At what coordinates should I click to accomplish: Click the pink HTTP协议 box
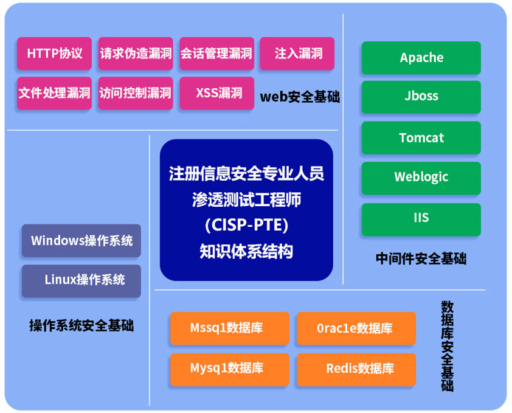[54, 54]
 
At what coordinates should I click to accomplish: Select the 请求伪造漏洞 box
[136, 54]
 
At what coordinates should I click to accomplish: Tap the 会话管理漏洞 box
[217, 54]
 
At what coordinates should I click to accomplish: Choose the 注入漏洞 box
[297, 54]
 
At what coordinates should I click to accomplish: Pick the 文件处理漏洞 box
[54, 93]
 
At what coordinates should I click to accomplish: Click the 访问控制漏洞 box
[136, 93]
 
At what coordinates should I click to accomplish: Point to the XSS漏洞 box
[217, 93]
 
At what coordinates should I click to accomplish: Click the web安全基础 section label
[300, 97]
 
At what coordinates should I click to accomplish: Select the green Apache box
[421, 58]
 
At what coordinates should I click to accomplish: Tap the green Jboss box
[421, 97]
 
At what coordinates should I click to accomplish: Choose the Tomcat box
[421, 137]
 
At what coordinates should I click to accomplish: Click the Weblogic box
[421, 178]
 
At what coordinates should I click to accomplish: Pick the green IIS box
[421, 219]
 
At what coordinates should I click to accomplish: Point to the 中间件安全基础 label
[421, 259]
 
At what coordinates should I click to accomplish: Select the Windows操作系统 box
[81, 240]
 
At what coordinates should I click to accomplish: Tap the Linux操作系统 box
[81, 281]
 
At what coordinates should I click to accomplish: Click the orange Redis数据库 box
[356, 370]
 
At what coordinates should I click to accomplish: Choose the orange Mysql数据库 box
[230, 370]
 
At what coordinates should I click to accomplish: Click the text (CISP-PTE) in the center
[246, 225]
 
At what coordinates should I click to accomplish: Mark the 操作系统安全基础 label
[81, 325]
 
